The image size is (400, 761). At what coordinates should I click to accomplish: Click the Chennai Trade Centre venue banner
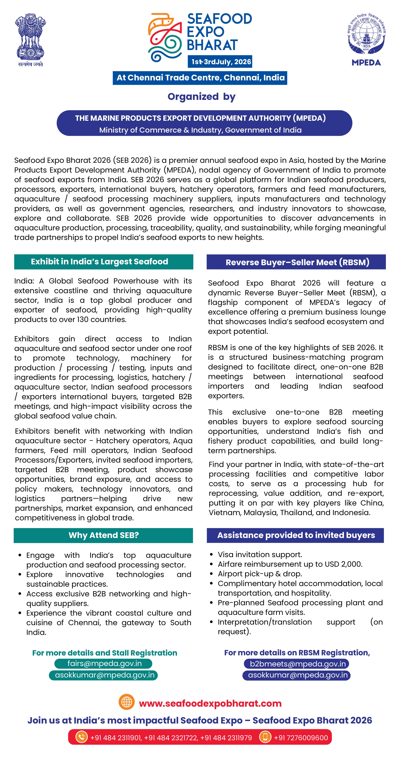pyautogui.click(x=200, y=78)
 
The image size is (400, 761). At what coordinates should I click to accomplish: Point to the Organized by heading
pyautogui.click(x=201, y=97)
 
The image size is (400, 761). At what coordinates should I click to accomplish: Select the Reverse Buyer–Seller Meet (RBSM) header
pyautogui.click(x=296, y=262)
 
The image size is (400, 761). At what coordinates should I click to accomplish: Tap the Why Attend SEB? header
pyautogui.click(x=103, y=535)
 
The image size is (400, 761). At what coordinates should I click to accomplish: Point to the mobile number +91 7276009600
pyautogui.click(x=301, y=738)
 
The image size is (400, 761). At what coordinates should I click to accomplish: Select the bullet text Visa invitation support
pyautogui.click(x=260, y=555)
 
